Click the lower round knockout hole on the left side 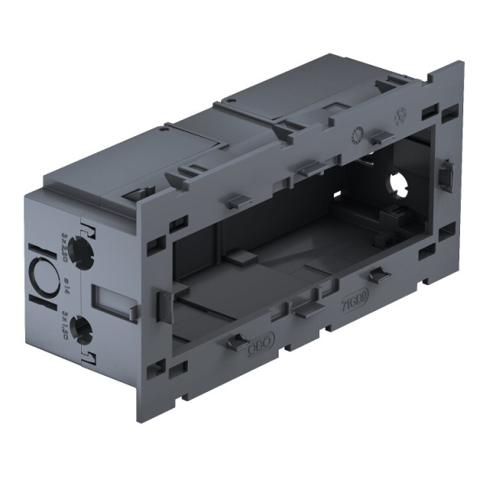coord(82,328)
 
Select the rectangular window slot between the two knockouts coord(111,299)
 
